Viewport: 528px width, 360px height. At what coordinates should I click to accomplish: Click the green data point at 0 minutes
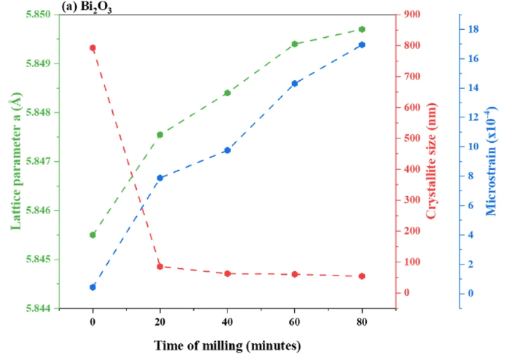[x=92, y=235]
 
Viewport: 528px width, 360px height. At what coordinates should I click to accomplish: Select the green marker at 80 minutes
[x=362, y=29]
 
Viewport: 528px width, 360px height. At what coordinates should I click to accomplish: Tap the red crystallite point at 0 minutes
[x=92, y=48]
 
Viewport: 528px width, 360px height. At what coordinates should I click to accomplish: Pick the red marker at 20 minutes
[x=159, y=267]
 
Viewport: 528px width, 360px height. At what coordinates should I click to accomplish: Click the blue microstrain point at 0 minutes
[x=92, y=287]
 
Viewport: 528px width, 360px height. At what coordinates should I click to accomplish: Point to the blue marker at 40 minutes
[x=227, y=150]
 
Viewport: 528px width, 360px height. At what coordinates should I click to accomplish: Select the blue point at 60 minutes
[x=295, y=83]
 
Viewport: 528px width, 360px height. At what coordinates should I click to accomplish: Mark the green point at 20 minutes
[x=159, y=134]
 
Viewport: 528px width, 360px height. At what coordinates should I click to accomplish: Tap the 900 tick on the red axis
[x=412, y=15]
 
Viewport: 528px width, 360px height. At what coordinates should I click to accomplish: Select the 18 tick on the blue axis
[x=473, y=29]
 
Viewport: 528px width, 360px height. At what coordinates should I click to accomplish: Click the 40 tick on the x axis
[x=227, y=321]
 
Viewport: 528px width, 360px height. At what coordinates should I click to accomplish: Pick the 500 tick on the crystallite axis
[x=412, y=138]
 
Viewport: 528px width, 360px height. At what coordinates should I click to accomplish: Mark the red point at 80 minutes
[x=362, y=276]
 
